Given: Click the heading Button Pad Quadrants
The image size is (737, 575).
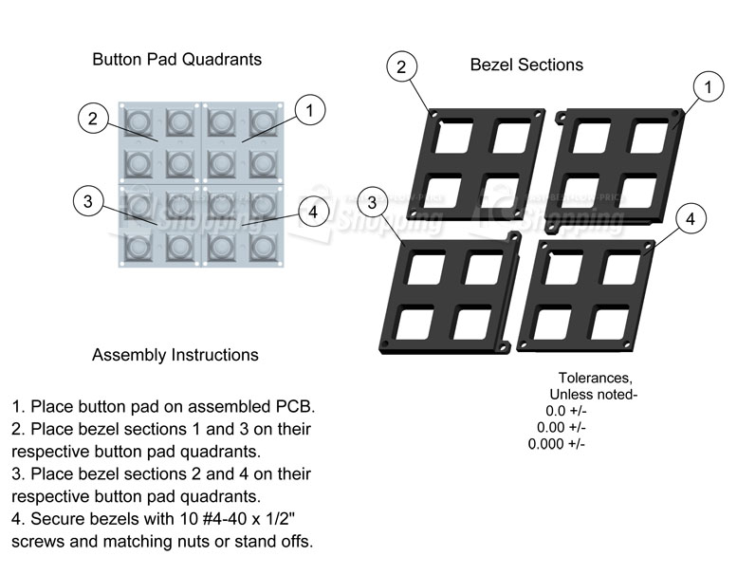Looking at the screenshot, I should click(x=176, y=59).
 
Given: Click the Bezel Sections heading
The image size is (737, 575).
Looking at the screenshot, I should click(x=526, y=65).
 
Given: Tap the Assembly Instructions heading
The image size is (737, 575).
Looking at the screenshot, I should click(x=175, y=355).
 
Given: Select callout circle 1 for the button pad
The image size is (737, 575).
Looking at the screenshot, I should click(x=309, y=110).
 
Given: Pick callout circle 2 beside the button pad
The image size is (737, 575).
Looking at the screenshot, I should click(x=92, y=119).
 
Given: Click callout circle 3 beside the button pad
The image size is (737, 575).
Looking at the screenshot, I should click(x=87, y=201).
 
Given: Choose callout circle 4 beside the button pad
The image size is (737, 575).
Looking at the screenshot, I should click(x=313, y=212).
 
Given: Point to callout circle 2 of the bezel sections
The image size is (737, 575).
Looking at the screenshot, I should click(x=401, y=66).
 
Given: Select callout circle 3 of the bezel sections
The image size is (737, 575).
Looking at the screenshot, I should click(x=373, y=202).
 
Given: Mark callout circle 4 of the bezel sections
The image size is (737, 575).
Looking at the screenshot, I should click(x=691, y=219).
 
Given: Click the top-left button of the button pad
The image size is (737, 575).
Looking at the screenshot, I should click(x=139, y=121).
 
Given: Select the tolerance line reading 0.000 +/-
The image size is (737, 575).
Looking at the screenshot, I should click(x=556, y=444).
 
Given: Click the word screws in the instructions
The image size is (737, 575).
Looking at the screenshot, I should click(x=37, y=542).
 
